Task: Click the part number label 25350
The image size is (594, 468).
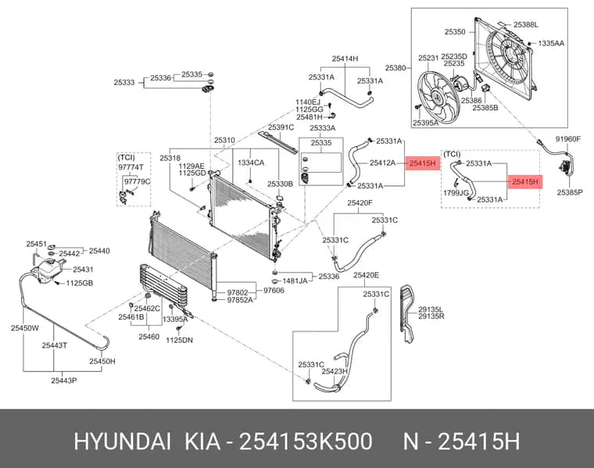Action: click(455, 32)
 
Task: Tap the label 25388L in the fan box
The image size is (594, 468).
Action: click(526, 25)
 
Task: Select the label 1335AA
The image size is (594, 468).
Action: click(551, 43)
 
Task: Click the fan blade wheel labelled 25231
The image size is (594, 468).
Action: click(437, 98)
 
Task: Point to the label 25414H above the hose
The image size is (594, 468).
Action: click(345, 59)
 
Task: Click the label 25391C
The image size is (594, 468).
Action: click(281, 127)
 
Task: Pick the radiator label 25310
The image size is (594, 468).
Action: click(224, 140)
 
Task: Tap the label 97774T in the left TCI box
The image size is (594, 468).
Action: click(131, 167)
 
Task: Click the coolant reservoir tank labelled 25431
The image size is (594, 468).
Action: click(48, 270)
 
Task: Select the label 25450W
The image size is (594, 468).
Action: click(25, 328)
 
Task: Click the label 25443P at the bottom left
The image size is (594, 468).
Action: click(63, 380)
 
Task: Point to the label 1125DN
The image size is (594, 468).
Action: click(179, 340)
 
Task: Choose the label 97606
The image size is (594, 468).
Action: click(274, 291)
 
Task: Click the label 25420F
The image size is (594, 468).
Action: click(360, 203)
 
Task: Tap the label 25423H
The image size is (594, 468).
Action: click(335, 371)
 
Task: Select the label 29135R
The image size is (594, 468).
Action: click(431, 316)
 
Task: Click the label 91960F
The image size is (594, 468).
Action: click(568, 139)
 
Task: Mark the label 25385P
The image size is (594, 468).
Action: click(569, 192)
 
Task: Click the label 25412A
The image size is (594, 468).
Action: click(382, 163)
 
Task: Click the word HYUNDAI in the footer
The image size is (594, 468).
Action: click(123, 441)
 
